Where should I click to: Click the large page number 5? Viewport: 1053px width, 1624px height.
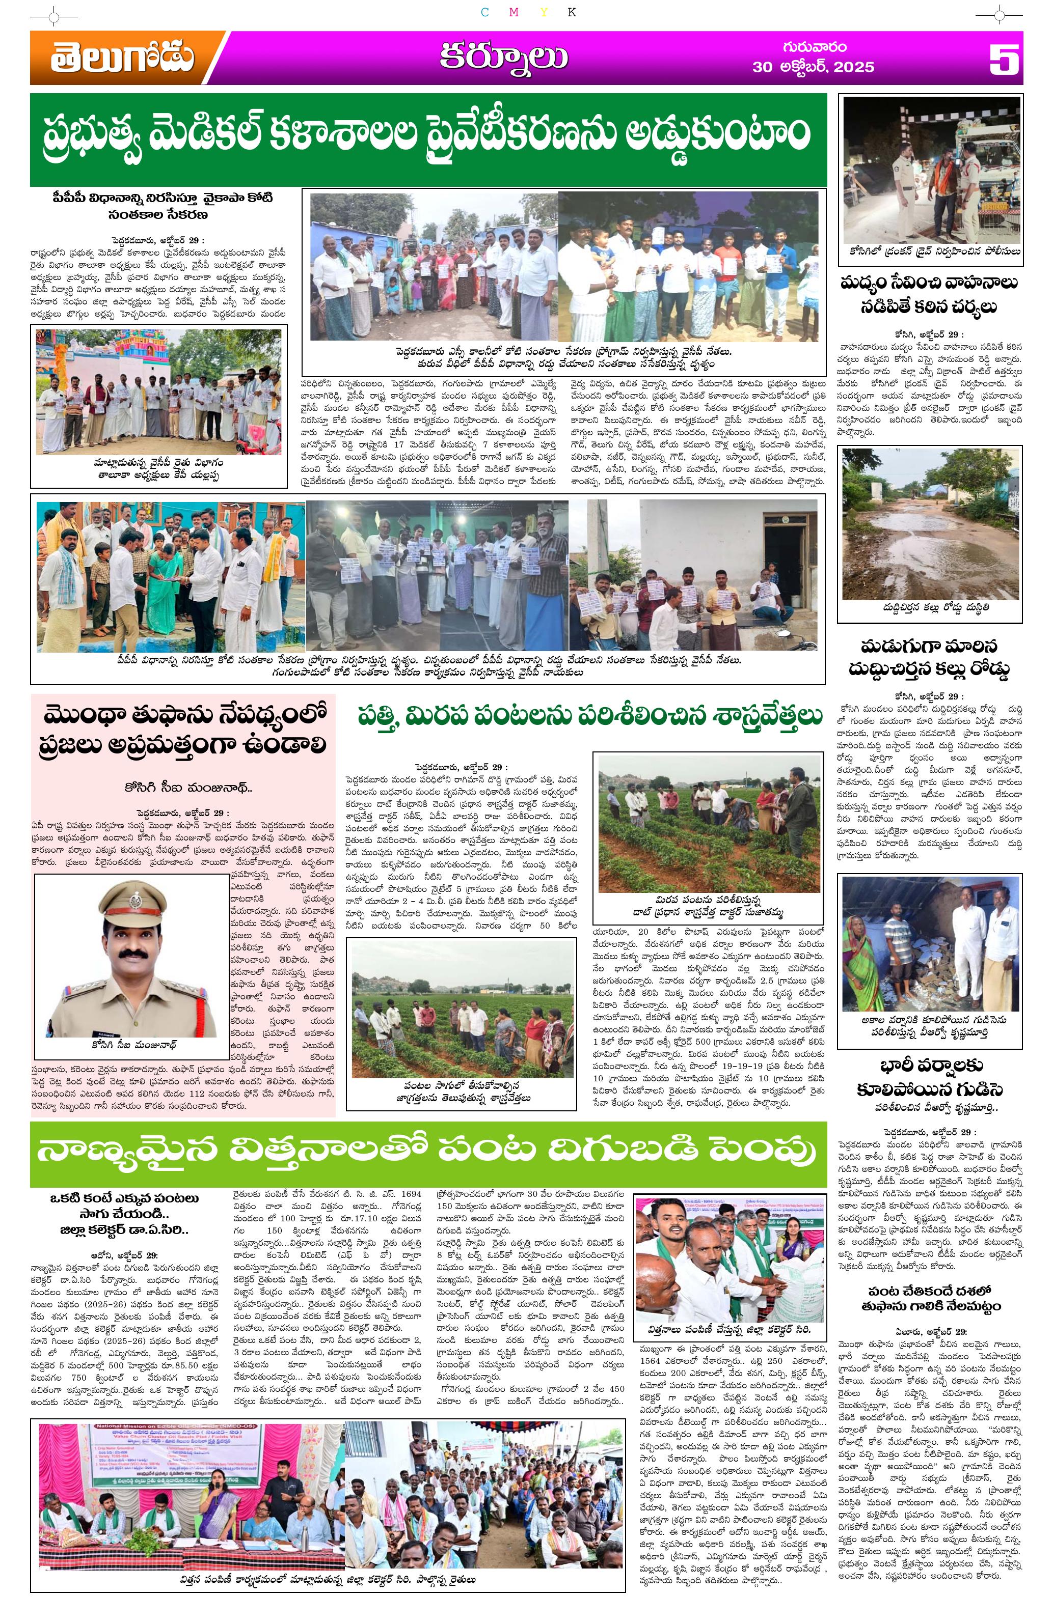(x=1004, y=60)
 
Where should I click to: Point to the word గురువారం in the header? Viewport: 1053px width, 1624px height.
(x=814, y=47)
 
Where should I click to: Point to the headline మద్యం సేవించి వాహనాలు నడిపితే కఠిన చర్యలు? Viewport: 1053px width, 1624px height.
(x=929, y=294)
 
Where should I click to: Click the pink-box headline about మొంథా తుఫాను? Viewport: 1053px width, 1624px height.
(x=183, y=730)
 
